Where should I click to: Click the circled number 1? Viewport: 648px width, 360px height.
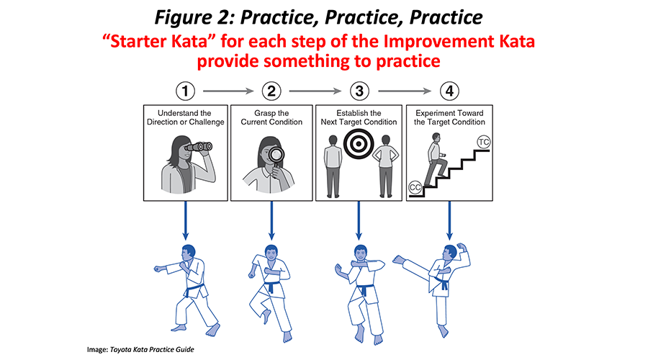[x=186, y=91]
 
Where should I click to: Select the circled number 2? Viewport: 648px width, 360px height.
[x=271, y=91]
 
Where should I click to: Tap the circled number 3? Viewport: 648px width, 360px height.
[x=358, y=91]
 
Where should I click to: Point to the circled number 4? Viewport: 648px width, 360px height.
[x=450, y=91]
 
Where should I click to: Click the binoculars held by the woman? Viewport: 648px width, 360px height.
[x=196, y=148]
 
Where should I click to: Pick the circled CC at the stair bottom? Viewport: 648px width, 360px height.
[x=415, y=187]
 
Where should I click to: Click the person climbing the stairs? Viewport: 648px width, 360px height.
[x=436, y=162]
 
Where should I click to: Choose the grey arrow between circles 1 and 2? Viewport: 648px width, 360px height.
[x=228, y=91]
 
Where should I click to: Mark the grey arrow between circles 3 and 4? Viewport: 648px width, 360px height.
[x=404, y=91]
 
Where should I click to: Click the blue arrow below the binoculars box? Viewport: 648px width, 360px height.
[x=186, y=220]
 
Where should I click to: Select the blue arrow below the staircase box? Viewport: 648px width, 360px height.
[x=450, y=220]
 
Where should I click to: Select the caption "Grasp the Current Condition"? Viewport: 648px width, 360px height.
[x=271, y=117]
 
